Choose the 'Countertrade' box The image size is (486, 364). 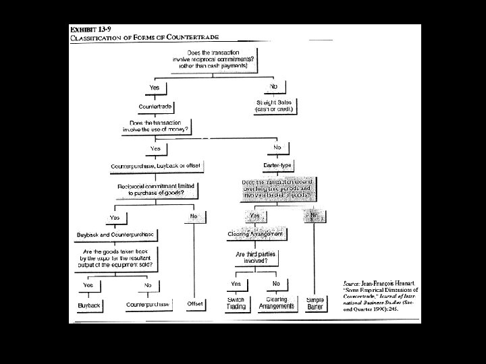(x=155, y=107)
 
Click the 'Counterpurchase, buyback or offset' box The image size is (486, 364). (x=156, y=165)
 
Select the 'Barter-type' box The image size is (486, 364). (x=277, y=165)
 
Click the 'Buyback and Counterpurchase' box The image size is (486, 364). (x=115, y=234)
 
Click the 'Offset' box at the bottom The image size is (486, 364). (x=195, y=304)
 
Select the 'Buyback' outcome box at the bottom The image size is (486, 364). (x=88, y=305)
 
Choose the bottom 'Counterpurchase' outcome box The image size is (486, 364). (x=146, y=305)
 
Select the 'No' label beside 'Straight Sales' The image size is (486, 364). (x=273, y=86)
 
